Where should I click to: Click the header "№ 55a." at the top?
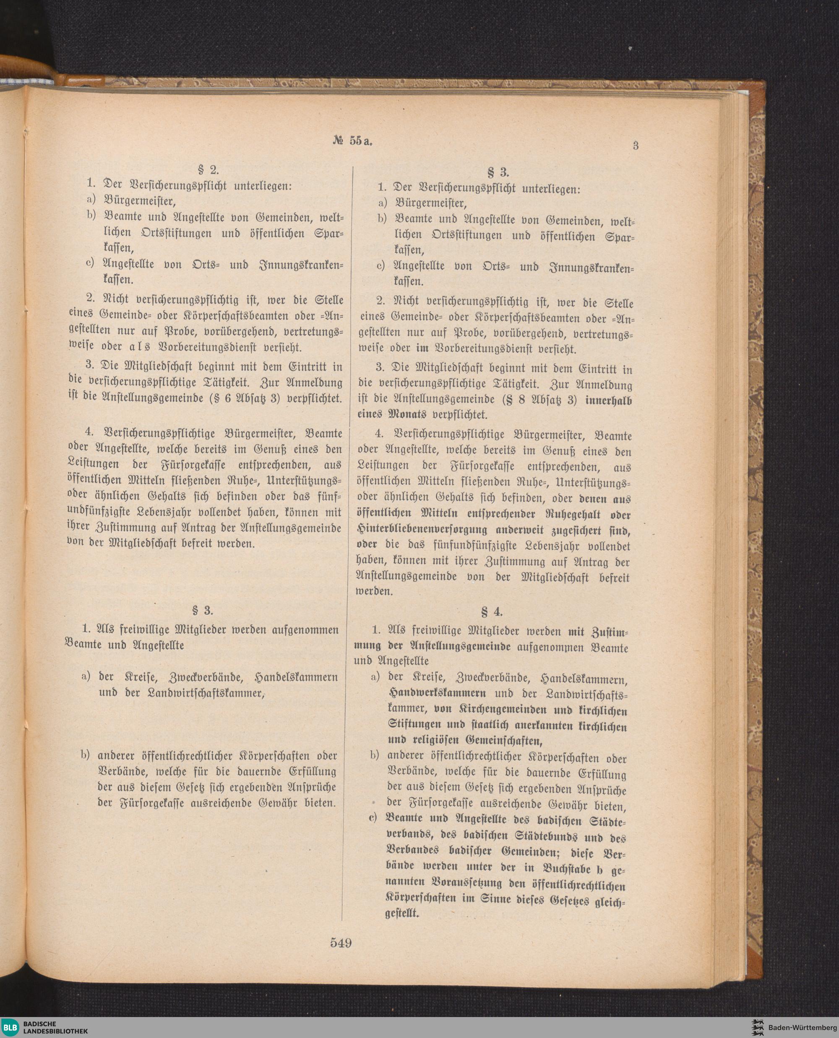click(354, 141)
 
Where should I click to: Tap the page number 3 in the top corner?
click(636, 146)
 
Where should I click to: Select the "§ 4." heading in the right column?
click(492, 612)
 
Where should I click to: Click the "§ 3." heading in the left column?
click(202, 610)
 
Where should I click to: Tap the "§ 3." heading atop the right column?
click(498, 172)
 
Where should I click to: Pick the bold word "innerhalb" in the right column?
click(608, 400)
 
